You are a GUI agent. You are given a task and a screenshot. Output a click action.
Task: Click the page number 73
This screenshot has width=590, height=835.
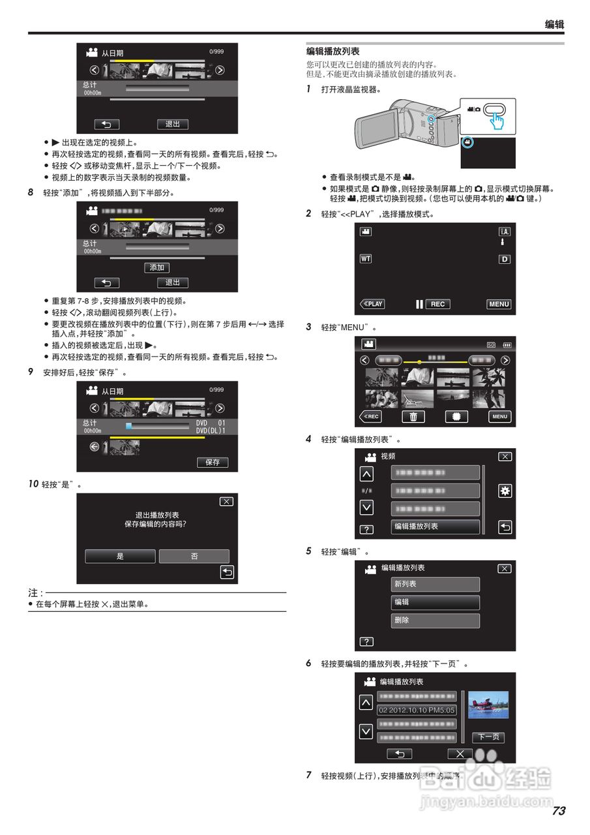(x=558, y=811)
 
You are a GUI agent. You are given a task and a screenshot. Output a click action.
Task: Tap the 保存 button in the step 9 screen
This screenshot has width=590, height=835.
(x=213, y=462)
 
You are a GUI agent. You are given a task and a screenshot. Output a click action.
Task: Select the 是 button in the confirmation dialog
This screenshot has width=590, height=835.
(x=120, y=556)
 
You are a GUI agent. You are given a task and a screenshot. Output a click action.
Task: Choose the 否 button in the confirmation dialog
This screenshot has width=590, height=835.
(x=194, y=556)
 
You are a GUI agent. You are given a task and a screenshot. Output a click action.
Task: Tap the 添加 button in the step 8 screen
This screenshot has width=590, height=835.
(x=156, y=267)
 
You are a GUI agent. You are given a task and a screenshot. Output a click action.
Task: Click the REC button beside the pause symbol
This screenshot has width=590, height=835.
(x=438, y=304)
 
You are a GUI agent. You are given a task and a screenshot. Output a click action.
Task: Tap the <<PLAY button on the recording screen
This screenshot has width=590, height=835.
(x=372, y=304)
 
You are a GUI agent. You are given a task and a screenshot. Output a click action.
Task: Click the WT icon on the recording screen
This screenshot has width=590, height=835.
(x=365, y=259)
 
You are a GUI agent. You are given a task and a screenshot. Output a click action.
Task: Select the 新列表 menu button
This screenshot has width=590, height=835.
(x=435, y=584)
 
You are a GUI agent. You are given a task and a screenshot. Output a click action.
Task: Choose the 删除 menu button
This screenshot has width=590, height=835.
(x=435, y=620)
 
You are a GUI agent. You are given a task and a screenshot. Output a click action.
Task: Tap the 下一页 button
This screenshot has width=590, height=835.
(x=488, y=737)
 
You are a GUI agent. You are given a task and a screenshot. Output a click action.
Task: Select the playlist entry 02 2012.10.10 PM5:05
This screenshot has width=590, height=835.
(x=417, y=710)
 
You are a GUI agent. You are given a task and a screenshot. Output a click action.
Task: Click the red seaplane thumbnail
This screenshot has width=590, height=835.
(x=488, y=705)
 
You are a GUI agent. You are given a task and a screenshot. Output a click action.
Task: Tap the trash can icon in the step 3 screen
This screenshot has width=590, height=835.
(x=413, y=417)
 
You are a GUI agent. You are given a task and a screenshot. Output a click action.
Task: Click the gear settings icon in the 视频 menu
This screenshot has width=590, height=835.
(x=505, y=491)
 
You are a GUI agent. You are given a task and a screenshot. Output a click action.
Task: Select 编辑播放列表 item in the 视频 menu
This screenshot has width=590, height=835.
(x=435, y=526)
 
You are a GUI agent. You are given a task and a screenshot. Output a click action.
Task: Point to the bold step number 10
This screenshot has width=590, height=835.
(x=33, y=485)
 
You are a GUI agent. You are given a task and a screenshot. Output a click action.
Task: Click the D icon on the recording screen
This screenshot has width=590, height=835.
(x=504, y=259)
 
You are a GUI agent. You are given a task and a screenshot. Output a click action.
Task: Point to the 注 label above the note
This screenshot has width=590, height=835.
(x=34, y=593)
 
